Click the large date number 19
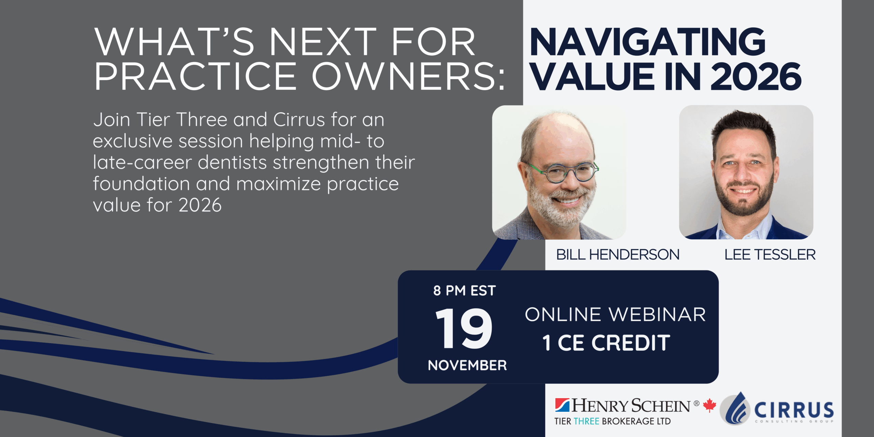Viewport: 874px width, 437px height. [464, 328]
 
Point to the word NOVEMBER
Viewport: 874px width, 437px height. [467, 365]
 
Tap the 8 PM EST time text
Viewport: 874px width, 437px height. [464, 291]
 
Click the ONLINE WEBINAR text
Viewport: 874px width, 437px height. [615, 314]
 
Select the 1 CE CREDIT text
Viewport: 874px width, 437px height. [606, 343]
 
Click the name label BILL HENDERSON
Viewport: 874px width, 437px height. [618, 255]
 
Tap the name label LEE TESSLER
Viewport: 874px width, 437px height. [770, 255]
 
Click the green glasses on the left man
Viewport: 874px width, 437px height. [563, 172]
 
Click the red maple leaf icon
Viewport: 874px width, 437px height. [709, 405]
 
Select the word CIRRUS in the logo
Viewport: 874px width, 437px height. [794, 410]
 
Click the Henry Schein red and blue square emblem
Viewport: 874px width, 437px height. [562, 405]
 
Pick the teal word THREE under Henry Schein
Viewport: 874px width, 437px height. [587, 421]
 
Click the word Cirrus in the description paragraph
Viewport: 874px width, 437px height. [299, 120]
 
